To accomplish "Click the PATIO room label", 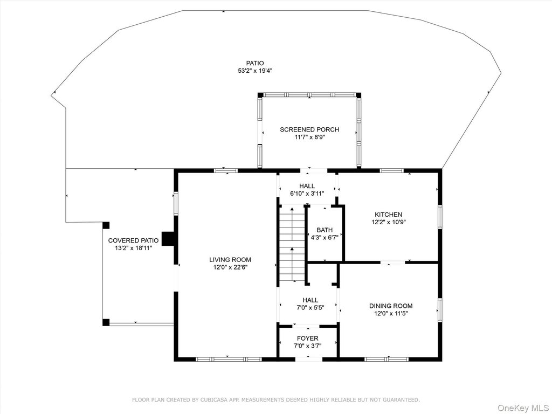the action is [x=255, y=64].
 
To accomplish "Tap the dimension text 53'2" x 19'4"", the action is [x=255, y=71].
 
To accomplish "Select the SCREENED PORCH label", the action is [x=309, y=129].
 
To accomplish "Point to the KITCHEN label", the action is [x=388, y=215].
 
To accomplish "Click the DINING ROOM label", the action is [x=391, y=306].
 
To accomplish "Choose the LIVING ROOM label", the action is [x=230, y=260].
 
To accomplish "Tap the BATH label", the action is [x=325, y=230].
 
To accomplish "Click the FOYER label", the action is [x=308, y=339].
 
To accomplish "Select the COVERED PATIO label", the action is [x=133, y=240].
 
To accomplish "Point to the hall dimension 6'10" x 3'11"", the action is [x=307, y=194].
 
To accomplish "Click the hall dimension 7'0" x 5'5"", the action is [x=310, y=307].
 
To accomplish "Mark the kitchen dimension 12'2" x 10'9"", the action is [x=388, y=222].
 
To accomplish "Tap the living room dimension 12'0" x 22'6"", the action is [x=230, y=267].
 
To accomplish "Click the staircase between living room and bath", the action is [x=292, y=244].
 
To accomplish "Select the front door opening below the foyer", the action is [x=309, y=359].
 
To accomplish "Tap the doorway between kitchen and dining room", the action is [x=392, y=263].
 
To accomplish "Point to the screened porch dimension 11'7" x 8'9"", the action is [x=309, y=137].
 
